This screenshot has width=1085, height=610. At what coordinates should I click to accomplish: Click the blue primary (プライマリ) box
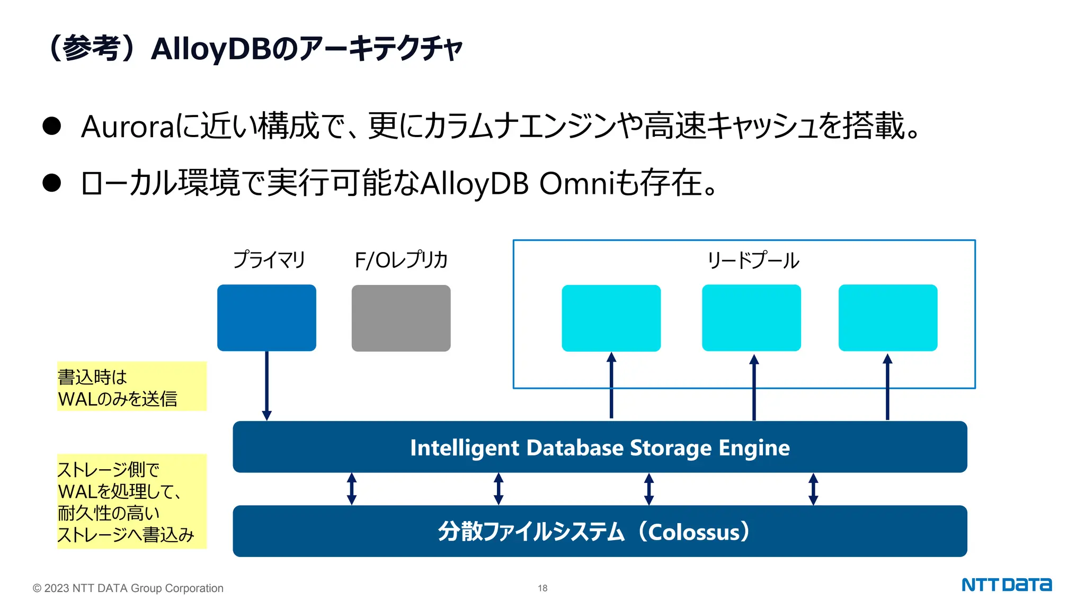pos(266,318)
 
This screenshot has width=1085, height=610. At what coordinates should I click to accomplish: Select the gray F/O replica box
pos(401,318)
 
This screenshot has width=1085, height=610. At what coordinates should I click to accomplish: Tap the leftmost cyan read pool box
pos(611,318)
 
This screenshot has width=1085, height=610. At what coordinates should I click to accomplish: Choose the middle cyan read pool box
pos(751,318)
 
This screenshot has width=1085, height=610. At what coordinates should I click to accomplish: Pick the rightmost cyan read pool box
pos(888,318)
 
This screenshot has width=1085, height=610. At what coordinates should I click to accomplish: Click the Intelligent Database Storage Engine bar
pos(600,447)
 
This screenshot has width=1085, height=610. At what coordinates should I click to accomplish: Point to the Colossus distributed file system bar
pos(600,531)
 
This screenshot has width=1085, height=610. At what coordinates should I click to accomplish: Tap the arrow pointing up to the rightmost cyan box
pos(887,387)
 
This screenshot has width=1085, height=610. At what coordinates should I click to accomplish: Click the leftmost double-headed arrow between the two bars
pos(351,489)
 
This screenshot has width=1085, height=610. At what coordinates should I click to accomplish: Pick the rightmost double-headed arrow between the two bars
pos(813,489)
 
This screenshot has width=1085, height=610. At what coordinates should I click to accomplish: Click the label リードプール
pos(753,261)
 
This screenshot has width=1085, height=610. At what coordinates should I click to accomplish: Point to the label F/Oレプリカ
pos(401,260)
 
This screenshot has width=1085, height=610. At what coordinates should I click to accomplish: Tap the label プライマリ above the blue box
pos(269,260)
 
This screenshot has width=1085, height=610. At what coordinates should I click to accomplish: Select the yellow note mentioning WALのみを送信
pos(131,387)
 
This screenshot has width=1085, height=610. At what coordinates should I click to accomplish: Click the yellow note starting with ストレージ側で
pos(131,501)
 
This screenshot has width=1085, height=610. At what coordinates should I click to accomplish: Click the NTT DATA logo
pos(1006,585)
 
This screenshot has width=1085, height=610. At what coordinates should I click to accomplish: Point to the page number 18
pos(542,588)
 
